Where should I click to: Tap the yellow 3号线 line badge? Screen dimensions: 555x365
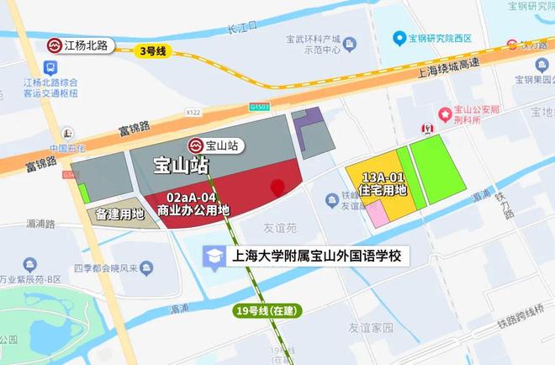152,51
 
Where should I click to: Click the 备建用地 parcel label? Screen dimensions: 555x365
119,214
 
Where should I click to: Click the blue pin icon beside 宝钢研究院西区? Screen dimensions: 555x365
399,38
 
